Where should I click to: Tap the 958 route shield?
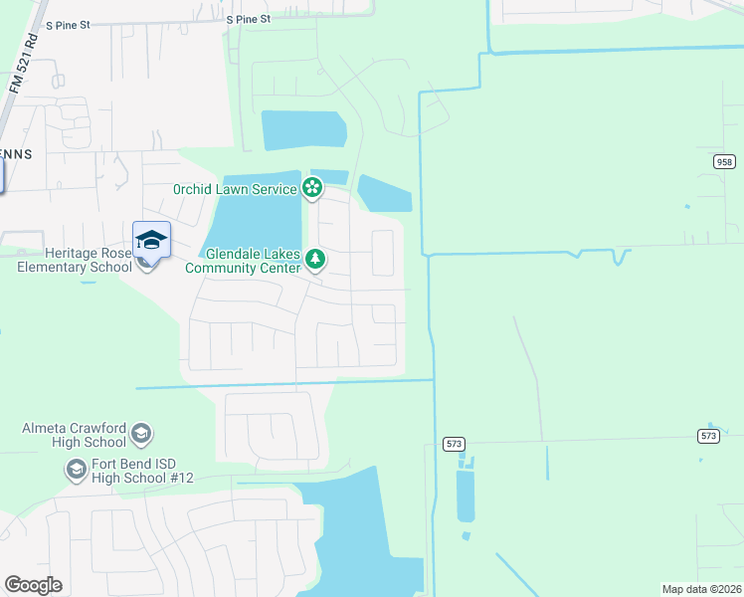724,161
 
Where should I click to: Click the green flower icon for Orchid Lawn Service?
312,187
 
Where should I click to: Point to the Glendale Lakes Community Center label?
243,261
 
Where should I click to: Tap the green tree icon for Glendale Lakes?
315,260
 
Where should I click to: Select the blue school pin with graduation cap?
151,242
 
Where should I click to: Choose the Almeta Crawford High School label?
75,435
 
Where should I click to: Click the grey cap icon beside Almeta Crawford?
141,433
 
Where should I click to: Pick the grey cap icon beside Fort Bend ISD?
76,468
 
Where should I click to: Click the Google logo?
33,585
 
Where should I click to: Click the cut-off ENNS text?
17,154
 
